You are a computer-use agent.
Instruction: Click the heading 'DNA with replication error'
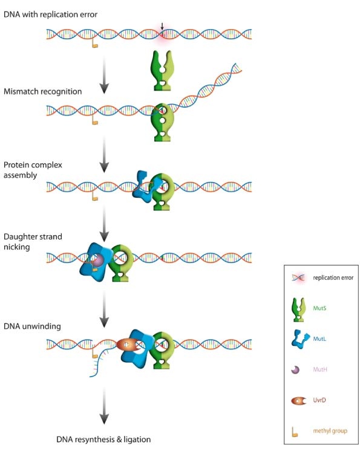pos(50,15)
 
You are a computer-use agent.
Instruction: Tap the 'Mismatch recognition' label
pos(42,91)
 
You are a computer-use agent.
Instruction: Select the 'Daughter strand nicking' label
pos(33,242)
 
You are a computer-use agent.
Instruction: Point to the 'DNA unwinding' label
pos(32,326)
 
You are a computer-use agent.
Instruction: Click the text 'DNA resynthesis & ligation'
pos(103,439)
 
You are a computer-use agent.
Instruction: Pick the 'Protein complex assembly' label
pos(33,170)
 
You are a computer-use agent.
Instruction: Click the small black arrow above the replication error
pos(162,26)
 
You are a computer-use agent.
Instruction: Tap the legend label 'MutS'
pos(319,308)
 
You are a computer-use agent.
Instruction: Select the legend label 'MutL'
pos(319,339)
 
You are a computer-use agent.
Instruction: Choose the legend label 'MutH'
pos(320,369)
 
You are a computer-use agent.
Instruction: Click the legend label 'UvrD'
pos(319,400)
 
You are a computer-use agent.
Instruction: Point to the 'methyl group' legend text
pos(330,431)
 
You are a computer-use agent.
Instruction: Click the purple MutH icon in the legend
pos(295,370)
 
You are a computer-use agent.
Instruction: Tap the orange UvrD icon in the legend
pos(298,401)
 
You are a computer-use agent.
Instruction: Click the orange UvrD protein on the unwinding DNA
pos(128,345)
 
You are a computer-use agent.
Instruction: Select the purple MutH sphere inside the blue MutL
pos(97,261)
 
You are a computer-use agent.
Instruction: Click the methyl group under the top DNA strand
pos(94,44)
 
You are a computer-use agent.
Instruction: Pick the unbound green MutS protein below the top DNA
pos(162,70)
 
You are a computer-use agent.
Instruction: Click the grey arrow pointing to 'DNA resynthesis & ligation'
pos(104,406)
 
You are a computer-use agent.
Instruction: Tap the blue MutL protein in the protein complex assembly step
pos(145,187)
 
